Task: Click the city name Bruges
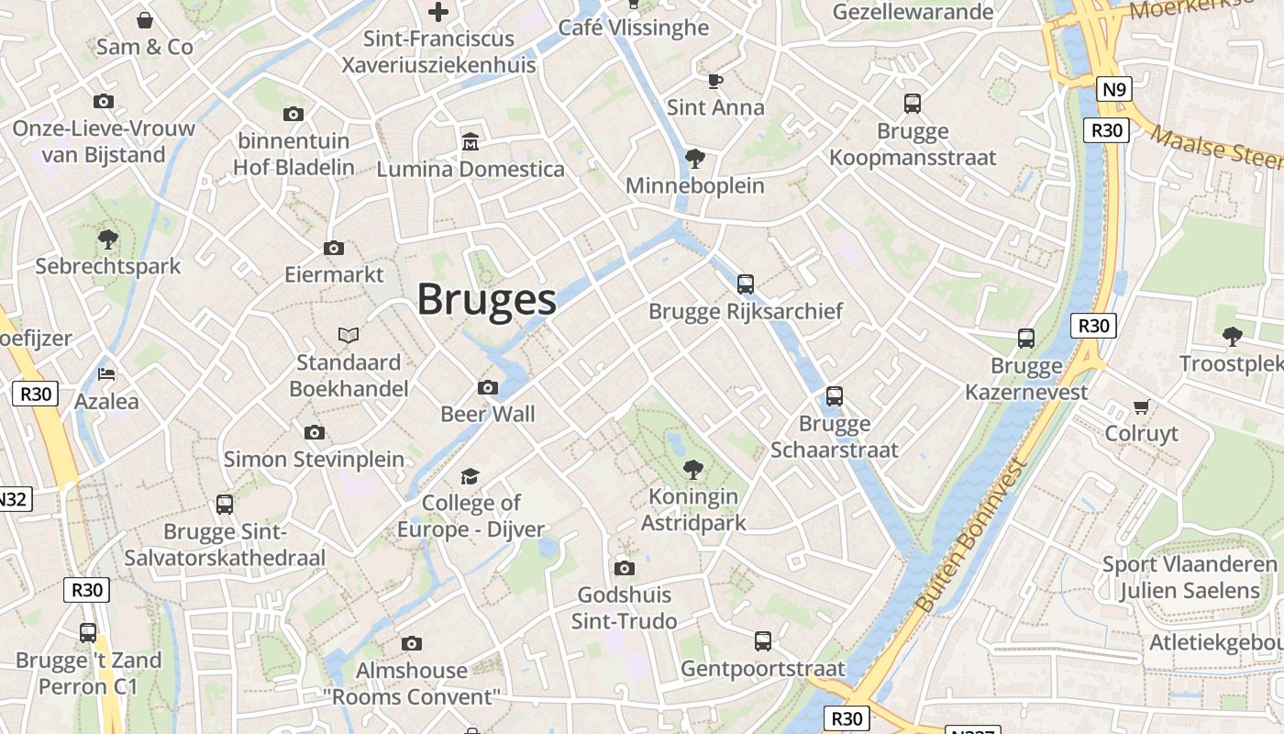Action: (x=487, y=300)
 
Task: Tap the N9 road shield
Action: (x=1114, y=89)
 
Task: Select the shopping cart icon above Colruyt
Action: (x=1141, y=406)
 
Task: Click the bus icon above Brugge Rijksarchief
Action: (x=745, y=284)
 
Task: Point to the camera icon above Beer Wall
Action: (x=488, y=388)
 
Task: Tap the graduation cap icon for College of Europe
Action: (x=470, y=476)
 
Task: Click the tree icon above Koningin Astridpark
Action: (x=693, y=471)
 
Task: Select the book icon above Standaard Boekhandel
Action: (x=349, y=336)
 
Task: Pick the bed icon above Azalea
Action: (x=106, y=374)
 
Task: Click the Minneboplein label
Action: (x=694, y=186)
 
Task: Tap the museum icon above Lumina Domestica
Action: (x=470, y=142)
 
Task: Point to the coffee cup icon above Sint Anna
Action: (x=715, y=82)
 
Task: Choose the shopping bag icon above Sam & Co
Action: (x=144, y=20)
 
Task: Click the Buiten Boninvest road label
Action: (x=970, y=537)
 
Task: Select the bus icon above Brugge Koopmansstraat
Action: (x=912, y=104)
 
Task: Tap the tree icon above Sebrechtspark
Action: (x=108, y=240)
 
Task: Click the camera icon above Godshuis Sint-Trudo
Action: (x=624, y=569)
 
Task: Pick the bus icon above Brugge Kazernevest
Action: (x=1025, y=339)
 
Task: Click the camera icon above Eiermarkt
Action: (x=334, y=249)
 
